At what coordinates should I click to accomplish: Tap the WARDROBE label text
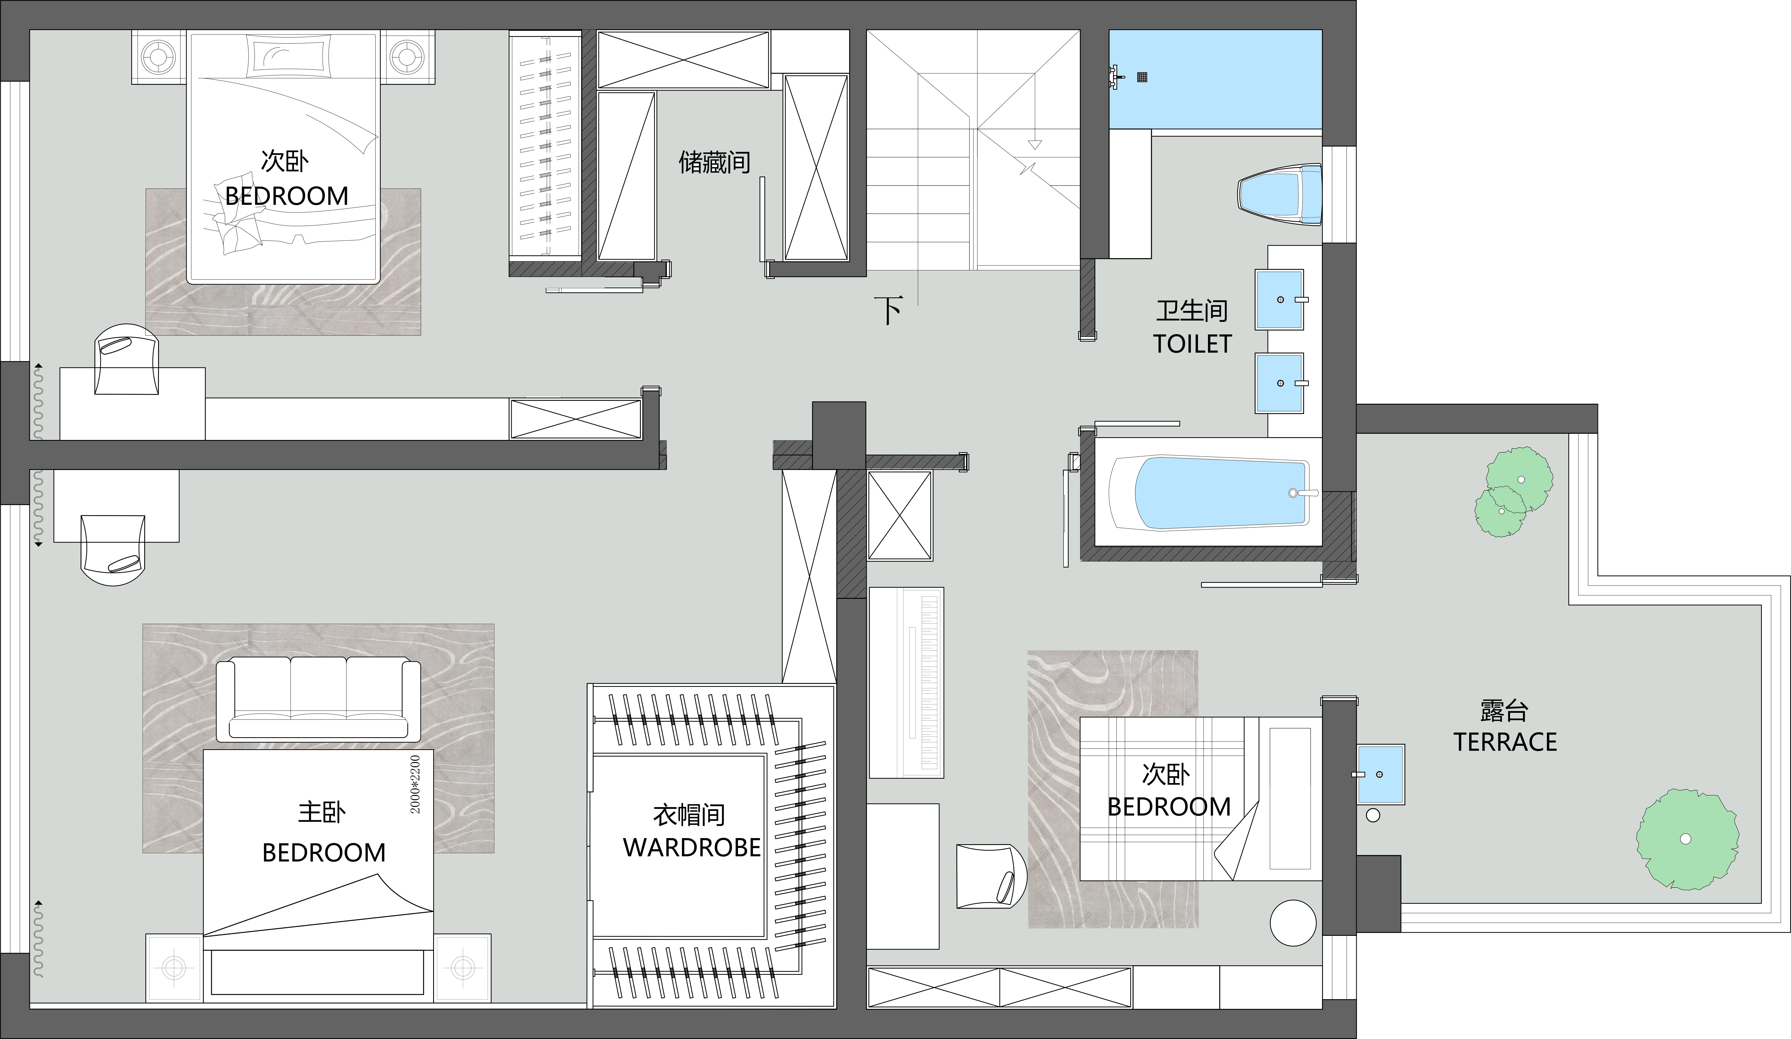coord(691,848)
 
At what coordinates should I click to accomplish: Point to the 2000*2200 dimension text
coord(416,784)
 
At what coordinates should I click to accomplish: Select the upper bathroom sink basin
coord(1279,299)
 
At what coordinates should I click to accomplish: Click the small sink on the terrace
coord(1380,774)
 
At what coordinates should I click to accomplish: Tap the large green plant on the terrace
coord(1687,839)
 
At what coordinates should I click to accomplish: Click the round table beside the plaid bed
coord(1294,923)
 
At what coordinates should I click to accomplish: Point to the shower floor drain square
coord(1142,77)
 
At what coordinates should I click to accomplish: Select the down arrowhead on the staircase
coord(1035,145)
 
